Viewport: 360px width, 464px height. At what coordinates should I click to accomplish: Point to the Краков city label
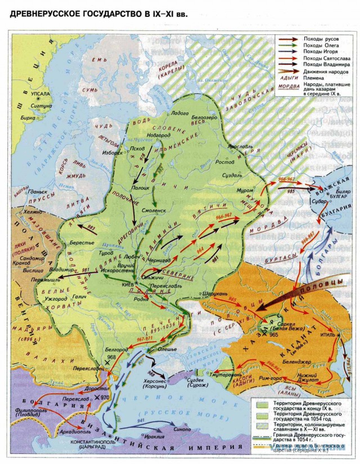point(30,262)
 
